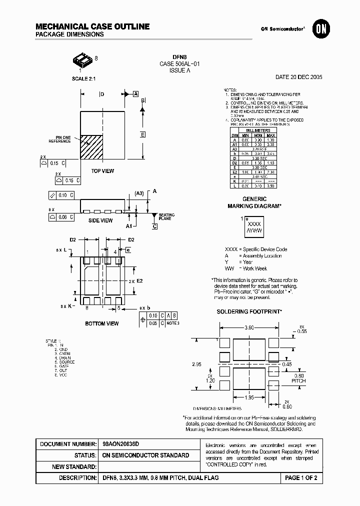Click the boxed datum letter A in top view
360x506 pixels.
click(135, 94)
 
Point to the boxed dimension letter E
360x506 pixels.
click(142, 135)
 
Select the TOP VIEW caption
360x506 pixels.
click(102, 171)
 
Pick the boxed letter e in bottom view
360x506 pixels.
click(128, 250)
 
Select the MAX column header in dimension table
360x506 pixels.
click(270, 135)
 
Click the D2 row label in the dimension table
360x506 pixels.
click(234, 163)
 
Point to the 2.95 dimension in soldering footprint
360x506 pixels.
click(197, 365)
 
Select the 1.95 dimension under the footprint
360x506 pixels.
click(249, 397)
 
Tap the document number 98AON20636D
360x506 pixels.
click(120, 444)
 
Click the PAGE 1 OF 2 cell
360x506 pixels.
click(301, 478)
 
